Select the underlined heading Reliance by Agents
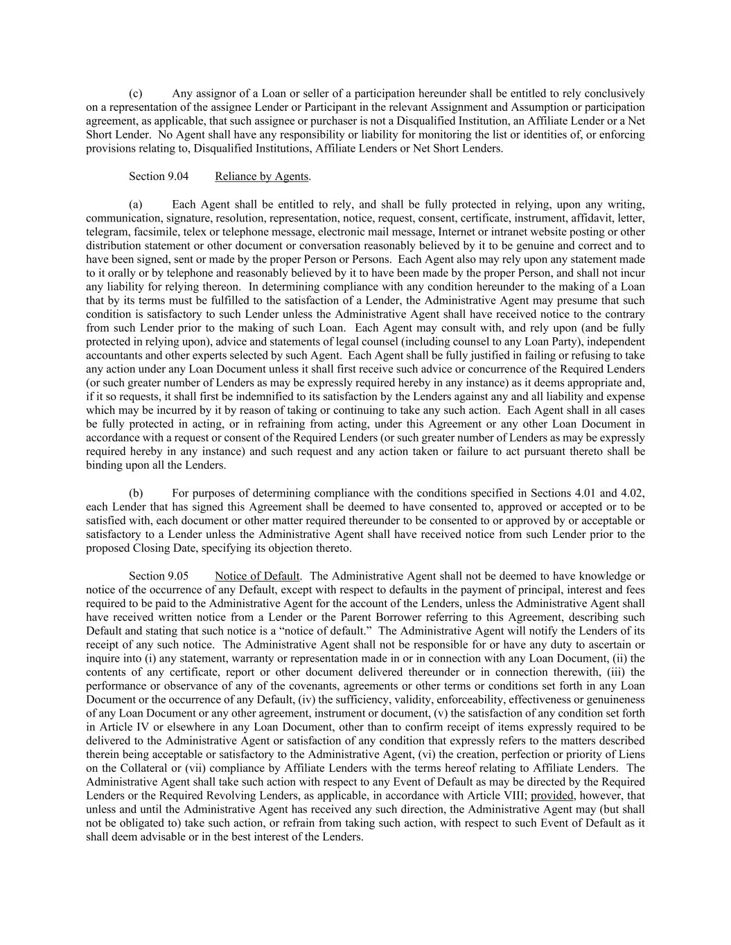pyautogui.click(x=261, y=177)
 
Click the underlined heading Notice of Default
pyautogui.click(x=257, y=576)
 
